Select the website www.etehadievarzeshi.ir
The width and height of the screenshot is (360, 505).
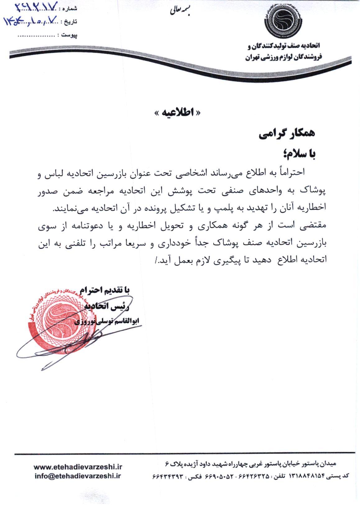78,467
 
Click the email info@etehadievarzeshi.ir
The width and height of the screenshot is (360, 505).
78,475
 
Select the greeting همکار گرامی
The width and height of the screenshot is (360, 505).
287,134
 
